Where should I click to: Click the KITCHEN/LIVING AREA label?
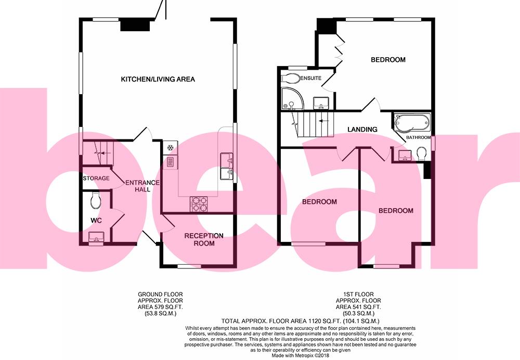[x=158, y=80]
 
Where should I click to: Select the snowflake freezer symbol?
[x=170, y=148]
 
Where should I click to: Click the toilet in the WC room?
[x=95, y=199]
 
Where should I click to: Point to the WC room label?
[x=96, y=221]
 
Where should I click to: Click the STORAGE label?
[x=96, y=178]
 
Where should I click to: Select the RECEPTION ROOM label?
[x=204, y=239]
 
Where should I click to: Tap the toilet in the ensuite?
[x=290, y=78]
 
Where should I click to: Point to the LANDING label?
[x=362, y=130]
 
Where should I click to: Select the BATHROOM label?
[x=419, y=137]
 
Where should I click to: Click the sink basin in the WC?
[x=96, y=238]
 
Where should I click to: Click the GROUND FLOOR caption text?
[x=160, y=294]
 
